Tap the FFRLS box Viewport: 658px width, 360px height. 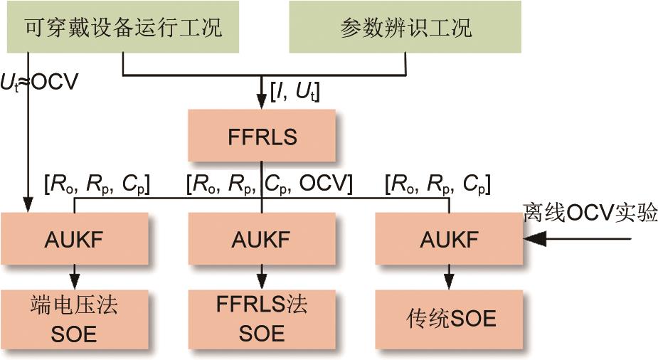click(x=262, y=136)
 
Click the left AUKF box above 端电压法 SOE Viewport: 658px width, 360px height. click(x=74, y=238)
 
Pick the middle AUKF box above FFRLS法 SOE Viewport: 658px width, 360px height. click(x=262, y=238)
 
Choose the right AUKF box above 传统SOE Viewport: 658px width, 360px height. click(x=449, y=238)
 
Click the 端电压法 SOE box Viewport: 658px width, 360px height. click(x=74, y=318)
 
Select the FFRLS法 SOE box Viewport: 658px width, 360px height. click(x=262, y=318)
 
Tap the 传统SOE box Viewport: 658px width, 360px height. click(x=449, y=318)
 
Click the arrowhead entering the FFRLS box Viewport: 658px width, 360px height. click(x=262, y=103)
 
